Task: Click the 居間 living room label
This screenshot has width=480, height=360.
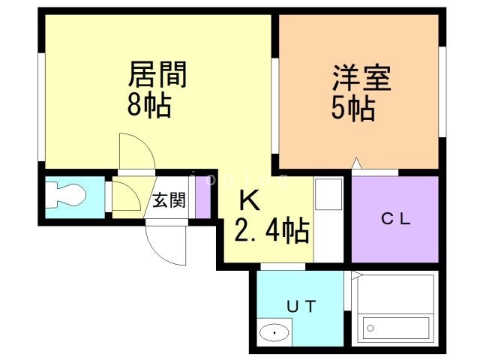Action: click(x=157, y=76)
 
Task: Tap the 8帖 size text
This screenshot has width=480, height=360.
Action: click(x=148, y=106)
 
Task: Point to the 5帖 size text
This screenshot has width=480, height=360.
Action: click(x=353, y=109)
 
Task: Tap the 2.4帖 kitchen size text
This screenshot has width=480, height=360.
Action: click(x=271, y=232)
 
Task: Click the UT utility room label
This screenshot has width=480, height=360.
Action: click(x=303, y=305)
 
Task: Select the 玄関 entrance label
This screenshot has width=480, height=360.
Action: click(x=169, y=200)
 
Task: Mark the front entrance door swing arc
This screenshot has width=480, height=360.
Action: click(x=166, y=244)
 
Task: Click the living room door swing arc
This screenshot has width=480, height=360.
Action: click(x=137, y=154)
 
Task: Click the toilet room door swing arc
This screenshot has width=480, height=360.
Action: click(x=125, y=196)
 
